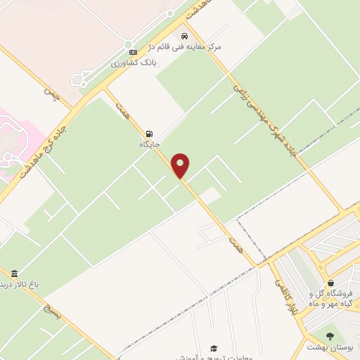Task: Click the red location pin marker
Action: [181, 165]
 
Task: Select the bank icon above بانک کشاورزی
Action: [129, 52]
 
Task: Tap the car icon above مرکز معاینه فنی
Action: [184, 35]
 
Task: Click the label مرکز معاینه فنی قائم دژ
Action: [184, 46]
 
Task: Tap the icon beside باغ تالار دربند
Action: [14, 274]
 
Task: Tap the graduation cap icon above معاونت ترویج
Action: [214, 347]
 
